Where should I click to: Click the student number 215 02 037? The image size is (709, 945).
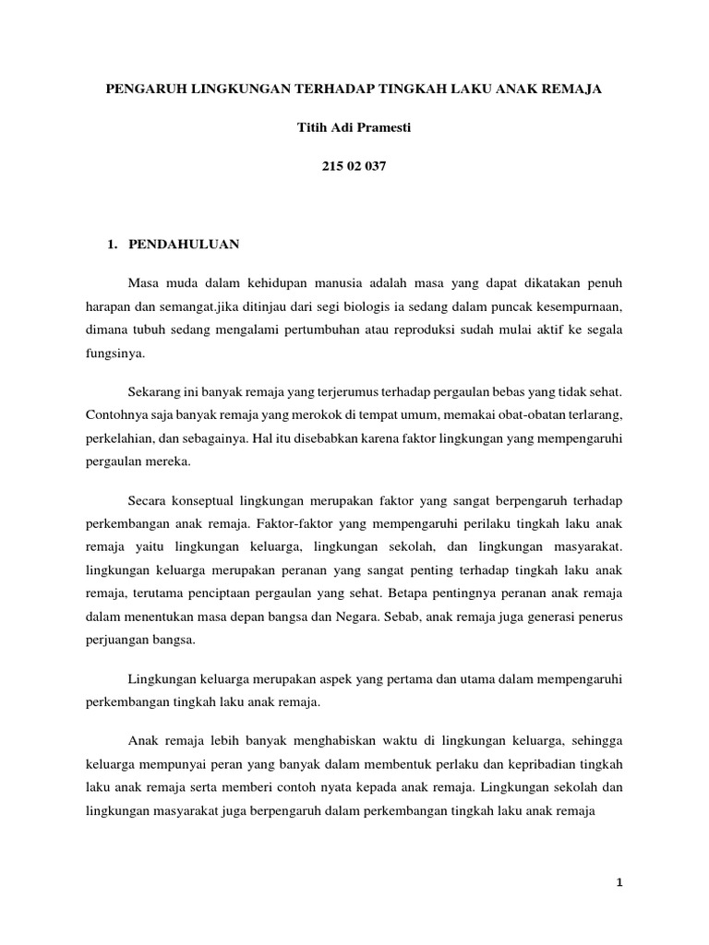pyautogui.click(x=354, y=167)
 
